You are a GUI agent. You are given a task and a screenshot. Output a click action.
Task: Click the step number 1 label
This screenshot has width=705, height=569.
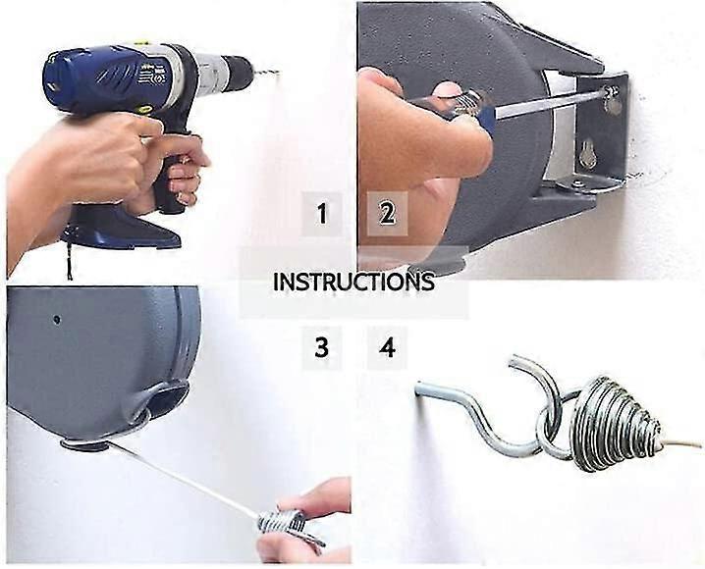coord(322,213)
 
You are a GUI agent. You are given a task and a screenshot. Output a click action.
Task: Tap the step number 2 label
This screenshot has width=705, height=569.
coord(387,213)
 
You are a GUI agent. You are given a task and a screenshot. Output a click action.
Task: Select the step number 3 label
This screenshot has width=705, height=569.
coord(322,347)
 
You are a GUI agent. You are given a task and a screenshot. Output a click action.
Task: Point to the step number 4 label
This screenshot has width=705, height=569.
coord(387,347)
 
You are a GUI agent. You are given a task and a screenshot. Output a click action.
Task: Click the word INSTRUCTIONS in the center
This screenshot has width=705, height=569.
coord(352,282)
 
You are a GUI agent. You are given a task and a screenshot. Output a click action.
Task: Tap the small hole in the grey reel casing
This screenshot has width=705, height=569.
coord(57,319)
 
